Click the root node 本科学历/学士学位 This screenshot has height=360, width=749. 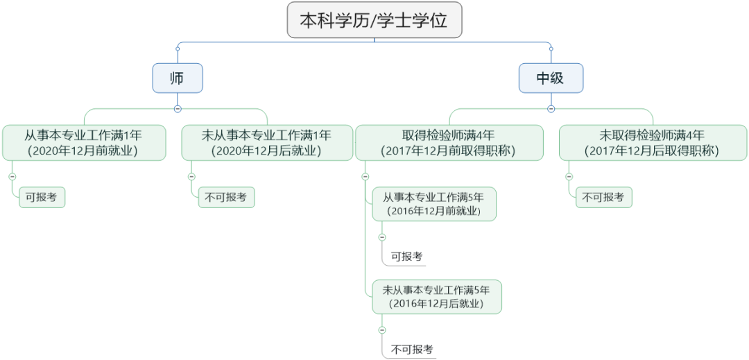(x=374, y=19)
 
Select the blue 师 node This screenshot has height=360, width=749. (x=178, y=78)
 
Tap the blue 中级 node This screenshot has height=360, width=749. (x=551, y=78)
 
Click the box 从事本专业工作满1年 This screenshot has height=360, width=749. (x=84, y=142)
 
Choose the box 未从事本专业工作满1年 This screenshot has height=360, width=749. (x=266, y=142)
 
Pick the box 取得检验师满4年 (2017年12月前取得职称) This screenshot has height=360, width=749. (x=449, y=142)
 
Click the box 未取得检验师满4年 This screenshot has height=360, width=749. (x=653, y=142)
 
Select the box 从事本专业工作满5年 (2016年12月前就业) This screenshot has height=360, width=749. (x=434, y=204)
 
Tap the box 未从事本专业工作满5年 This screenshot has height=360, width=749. (x=437, y=296)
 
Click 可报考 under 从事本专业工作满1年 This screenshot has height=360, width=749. (x=42, y=197)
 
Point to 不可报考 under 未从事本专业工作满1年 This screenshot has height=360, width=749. (x=226, y=197)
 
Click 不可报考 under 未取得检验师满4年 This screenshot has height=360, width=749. (x=604, y=197)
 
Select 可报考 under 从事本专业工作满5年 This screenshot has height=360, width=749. (x=407, y=257)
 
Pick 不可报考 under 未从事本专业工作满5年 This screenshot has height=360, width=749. (x=412, y=349)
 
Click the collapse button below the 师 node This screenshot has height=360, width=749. (x=178, y=108)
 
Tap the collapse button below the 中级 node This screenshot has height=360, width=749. (x=551, y=108)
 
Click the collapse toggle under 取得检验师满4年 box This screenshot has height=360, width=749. (x=365, y=176)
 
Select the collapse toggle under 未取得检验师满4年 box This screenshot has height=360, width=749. (x=569, y=176)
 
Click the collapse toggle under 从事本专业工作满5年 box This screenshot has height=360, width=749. (x=381, y=237)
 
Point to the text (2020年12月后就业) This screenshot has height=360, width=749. (x=266, y=151)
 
